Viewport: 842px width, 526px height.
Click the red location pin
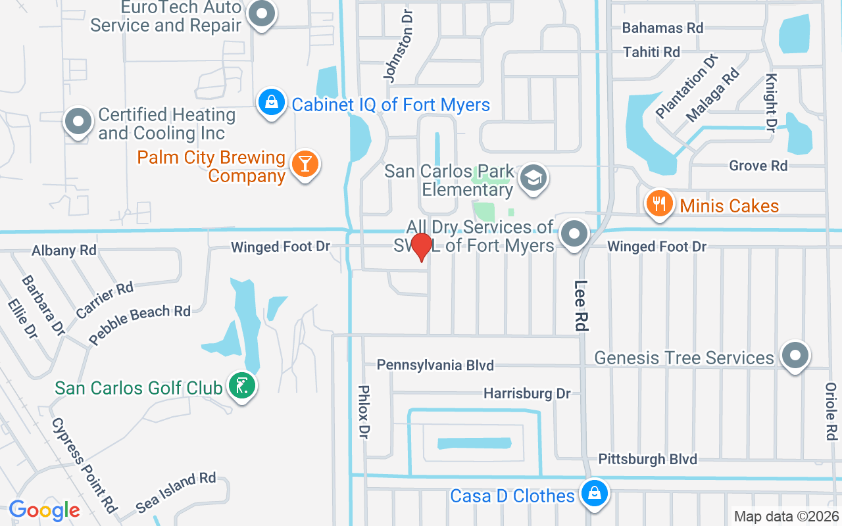click(x=421, y=247)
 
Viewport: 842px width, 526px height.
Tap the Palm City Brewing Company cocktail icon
click(x=305, y=164)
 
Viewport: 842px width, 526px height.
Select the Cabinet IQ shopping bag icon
click(x=271, y=103)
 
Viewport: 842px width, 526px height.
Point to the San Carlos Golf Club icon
click(x=241, y=386)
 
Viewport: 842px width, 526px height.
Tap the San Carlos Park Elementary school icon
click(x=533, y=177)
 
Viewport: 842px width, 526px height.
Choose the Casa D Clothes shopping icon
click(x=594, y=493)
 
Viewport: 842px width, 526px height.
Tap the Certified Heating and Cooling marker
click(x=78, y=122)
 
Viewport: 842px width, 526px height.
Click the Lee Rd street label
click(x=580, y=305)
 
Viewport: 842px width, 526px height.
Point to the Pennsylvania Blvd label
click(x=435, y=365)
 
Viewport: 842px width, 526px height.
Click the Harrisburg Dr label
click(x=527, y=393)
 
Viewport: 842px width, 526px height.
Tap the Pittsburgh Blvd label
click(x=647, y=459)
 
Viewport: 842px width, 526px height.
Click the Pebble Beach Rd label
click(x=139, y=323)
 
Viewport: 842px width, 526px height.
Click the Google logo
click(x=44, y=510)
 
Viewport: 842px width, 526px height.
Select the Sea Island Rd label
click(x=176, y=492)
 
